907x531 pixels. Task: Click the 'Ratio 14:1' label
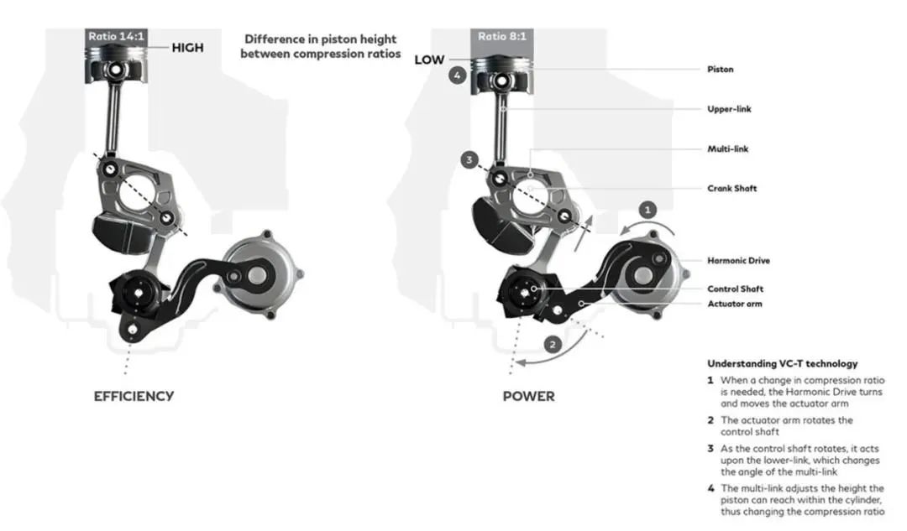pos(117,36)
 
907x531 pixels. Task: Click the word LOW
pos(428,60)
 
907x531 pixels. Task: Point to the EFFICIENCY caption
pos(134,396)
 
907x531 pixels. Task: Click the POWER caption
pos(528,396)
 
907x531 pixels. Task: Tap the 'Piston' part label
pos(720,70)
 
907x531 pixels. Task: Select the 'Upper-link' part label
pos(723,109)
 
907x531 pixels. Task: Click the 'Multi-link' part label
pos(727,149)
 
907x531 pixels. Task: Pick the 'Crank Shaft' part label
pos(731,189)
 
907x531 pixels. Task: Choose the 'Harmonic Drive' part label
pos(738,261)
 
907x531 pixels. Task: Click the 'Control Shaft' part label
pos(734,289)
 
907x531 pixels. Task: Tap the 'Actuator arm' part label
pos(734,304)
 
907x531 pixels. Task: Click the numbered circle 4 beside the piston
pos(456,75)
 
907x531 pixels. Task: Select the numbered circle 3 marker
pos(470,159)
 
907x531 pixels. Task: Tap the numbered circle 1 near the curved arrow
pos(645,209)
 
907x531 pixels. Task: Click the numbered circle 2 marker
pos(552,344)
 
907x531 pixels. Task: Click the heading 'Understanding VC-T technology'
pos(782,364)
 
